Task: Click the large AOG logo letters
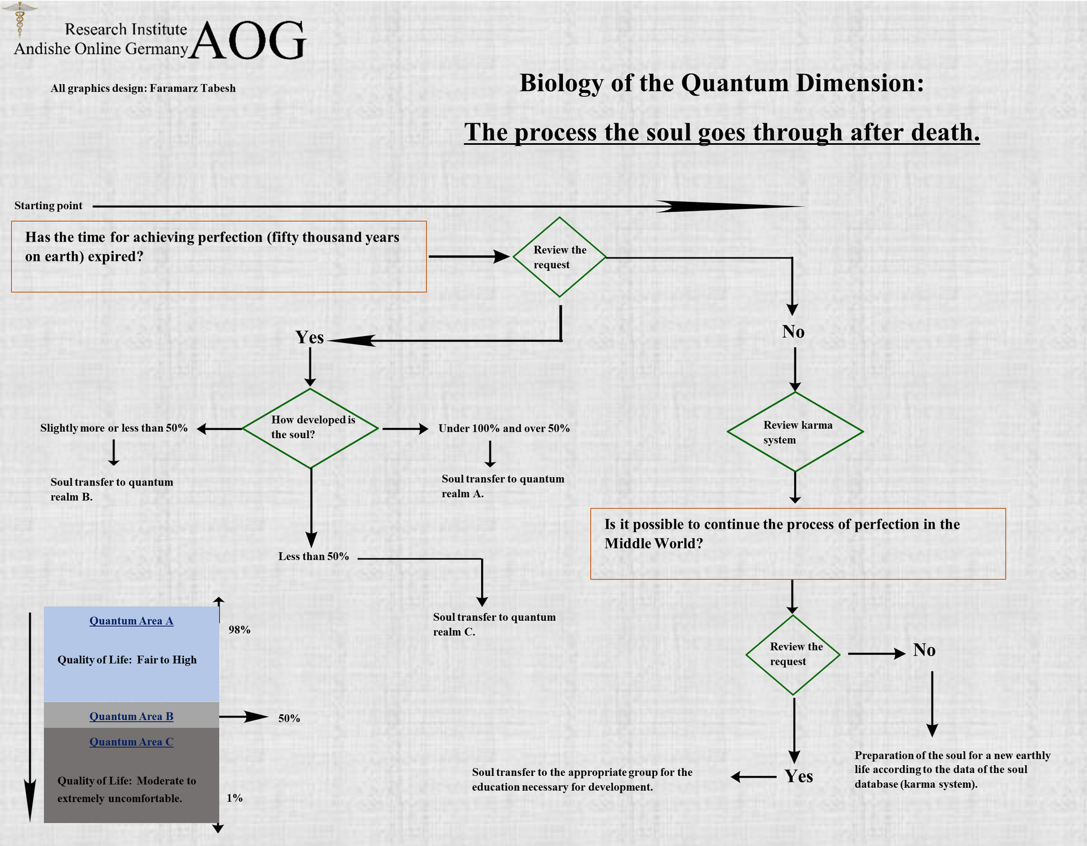248,41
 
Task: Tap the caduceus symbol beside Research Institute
19,19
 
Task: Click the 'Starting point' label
48,205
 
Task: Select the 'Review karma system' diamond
795,432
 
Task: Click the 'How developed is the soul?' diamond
310,428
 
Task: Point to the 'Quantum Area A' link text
131,621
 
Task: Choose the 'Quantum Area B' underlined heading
131,716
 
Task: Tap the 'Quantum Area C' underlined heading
131,742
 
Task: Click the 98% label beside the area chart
239,630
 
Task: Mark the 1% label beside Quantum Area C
234,798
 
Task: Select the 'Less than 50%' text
314,556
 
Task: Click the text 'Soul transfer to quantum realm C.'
494,624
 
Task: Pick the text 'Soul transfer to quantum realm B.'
112,489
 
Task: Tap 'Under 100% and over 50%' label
504,428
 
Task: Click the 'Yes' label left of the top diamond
310,337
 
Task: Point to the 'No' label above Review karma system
793,332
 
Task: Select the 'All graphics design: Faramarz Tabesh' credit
143,88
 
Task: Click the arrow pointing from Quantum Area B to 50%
243,717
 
